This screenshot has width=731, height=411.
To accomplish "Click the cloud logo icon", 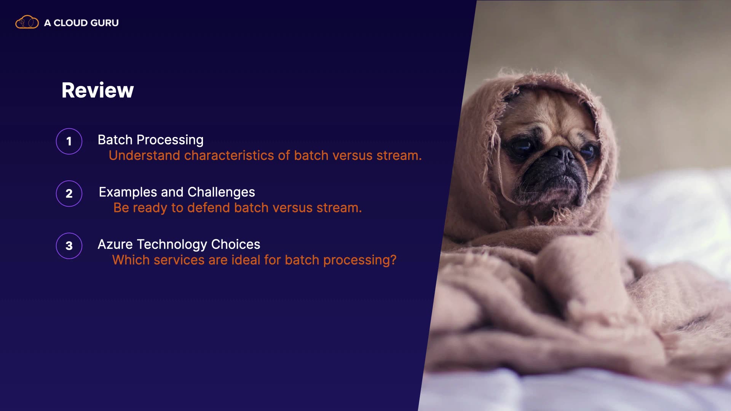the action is [x=27, y=22].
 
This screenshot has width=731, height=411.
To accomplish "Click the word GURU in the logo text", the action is [x=105, y=23].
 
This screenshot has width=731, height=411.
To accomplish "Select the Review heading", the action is [x=98, y=90].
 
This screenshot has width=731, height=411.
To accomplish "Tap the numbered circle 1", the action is [x=69, y=141].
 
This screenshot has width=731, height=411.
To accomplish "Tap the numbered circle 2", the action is [x=69, y=193].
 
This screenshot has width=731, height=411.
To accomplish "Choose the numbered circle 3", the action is [x=69, y=246].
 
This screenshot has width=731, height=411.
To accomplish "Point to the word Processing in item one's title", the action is [x=170, y=140].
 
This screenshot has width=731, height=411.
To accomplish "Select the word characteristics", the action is [x=229, y=155].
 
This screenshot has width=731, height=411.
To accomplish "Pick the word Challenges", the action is [x=221, y=193].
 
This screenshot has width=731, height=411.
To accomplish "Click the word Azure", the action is [x=115, y=244].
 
